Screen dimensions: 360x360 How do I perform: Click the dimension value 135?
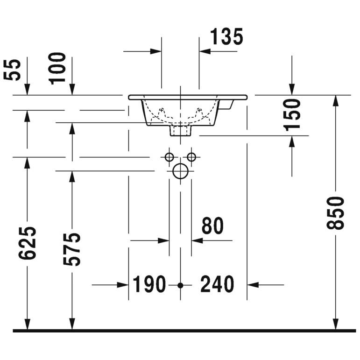click(x=226, y=36)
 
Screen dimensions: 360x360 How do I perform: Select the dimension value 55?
click(x=12, y=70)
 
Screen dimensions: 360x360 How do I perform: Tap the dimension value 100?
click(x=57, y=69)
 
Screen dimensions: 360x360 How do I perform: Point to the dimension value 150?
click(x=292, y=115)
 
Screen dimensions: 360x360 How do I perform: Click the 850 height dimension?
click(x=335, y=213)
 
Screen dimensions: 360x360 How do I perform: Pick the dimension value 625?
click(x=28, y=243)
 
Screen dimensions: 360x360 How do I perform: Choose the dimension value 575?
click(x=72, y=249)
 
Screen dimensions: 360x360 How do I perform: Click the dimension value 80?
click(x=212, y=226)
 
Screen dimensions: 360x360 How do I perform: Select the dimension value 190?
click(x=149, y=284)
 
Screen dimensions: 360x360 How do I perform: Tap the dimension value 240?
click(x=217, y=284)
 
